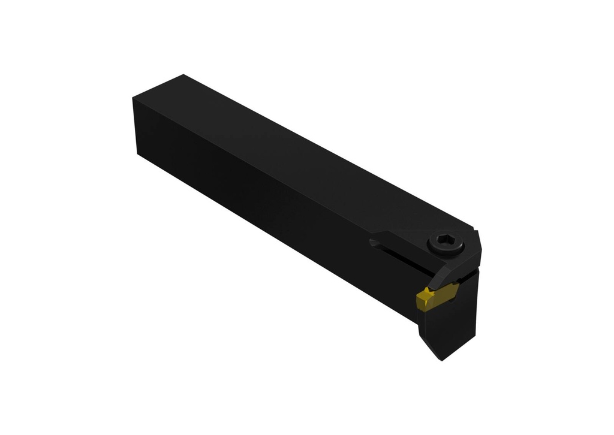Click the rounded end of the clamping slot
(374, 243)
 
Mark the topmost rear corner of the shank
(182, 75)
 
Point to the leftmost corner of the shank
(133, 99)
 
